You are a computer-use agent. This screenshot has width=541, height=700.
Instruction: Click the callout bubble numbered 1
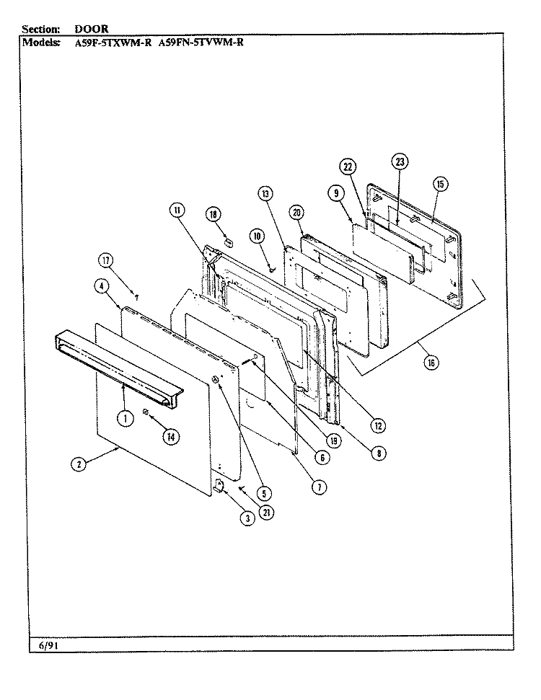126,418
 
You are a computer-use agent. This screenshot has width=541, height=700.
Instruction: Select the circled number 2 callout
79,464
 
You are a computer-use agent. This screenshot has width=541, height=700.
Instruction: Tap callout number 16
431,363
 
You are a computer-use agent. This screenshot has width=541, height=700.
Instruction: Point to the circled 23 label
400,161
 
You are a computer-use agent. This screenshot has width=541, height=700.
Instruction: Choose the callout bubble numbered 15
440,184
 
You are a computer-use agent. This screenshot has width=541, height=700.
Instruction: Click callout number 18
213,214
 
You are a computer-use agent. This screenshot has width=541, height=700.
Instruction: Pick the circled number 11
177,210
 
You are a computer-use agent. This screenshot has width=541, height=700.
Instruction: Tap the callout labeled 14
171,437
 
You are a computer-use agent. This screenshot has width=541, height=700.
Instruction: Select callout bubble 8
379,453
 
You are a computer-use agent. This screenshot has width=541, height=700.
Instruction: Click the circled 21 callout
266,513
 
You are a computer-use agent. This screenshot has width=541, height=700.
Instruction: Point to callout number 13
265,193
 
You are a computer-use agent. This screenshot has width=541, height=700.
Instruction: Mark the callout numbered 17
106,260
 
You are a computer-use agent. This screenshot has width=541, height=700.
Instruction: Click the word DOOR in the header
91,29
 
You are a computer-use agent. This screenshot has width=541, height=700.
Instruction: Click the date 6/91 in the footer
49,645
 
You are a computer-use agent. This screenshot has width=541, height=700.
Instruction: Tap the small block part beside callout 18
229,242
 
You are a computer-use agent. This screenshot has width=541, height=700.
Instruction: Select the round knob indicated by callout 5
215,380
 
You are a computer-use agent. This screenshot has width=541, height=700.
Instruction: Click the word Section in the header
40,29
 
